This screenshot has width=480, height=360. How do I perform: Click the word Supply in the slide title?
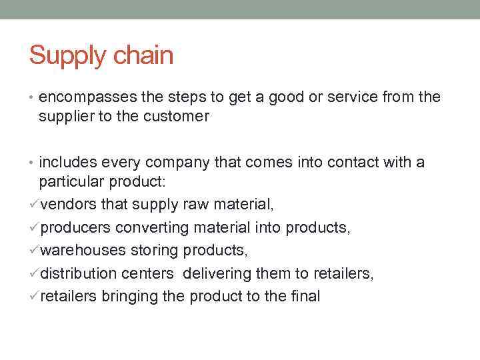click(x=65, y=56)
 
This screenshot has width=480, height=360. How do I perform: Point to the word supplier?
click(x=64, y=117)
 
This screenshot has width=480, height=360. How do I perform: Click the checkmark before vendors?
click(x=34, y=205)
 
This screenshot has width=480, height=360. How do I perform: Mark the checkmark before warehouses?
click(x=34, y=251)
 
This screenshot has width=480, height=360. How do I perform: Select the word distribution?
click(x=75, y=273)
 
